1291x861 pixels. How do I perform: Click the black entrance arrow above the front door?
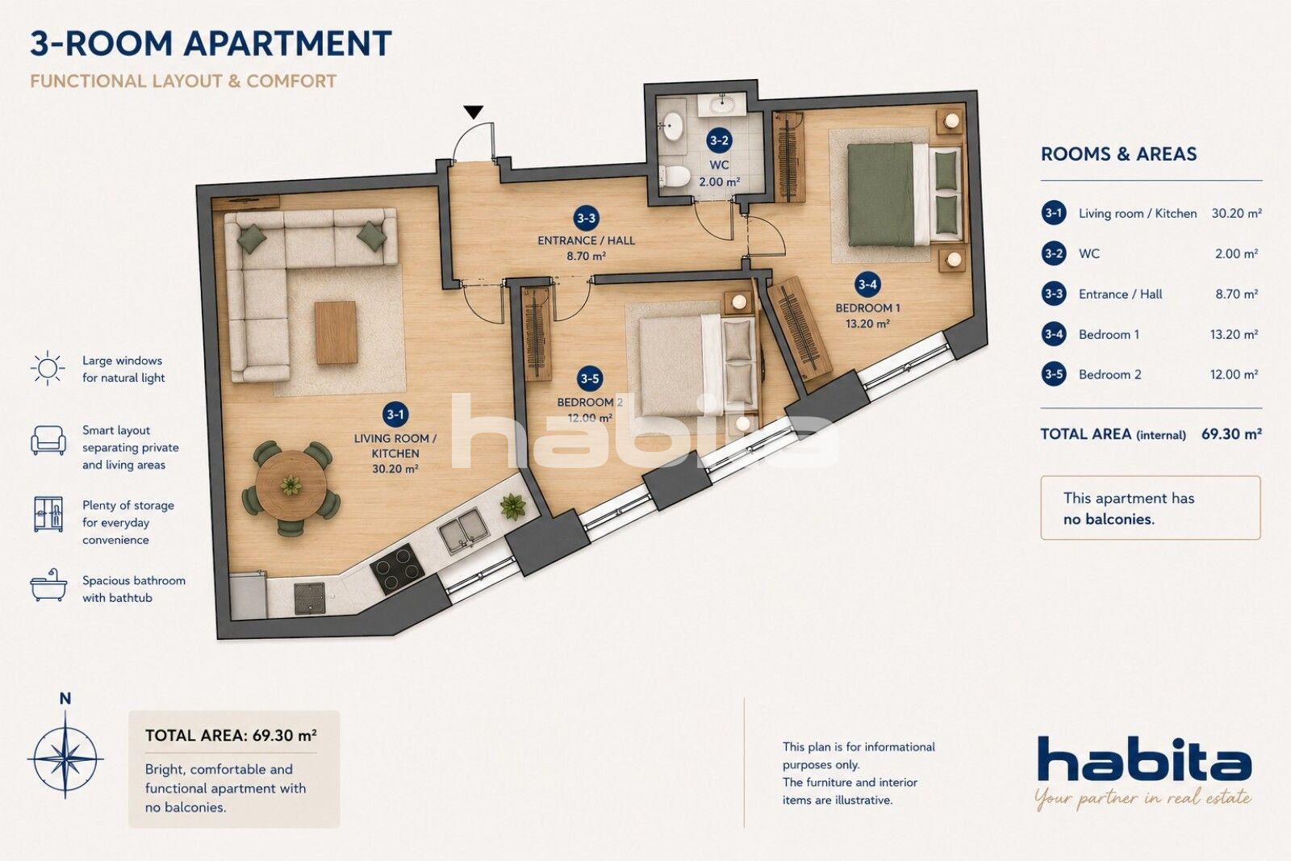click(x=474, y=112)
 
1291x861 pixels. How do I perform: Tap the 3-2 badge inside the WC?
click(x=719, y=140)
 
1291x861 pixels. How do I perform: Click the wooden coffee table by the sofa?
click(x=336, y=332)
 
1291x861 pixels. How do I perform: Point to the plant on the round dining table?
click(x=291, y=485)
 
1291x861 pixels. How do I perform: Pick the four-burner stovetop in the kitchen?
click(x=397, y=569)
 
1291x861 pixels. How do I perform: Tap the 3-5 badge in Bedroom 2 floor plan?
click(x=590, y=378)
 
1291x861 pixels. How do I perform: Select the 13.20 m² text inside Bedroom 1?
click(x=867, y=324)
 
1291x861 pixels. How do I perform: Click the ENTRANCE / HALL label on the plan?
click(x=586, y=240)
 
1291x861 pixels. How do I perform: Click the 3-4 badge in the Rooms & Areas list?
click(x=1054, y=334)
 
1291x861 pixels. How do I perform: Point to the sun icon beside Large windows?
click(x=48, y=368)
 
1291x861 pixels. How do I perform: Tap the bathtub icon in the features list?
click(x=48, y=586)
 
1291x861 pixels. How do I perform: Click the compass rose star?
click(x=65, y=755)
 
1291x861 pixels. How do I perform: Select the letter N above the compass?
click(x=65, y=699)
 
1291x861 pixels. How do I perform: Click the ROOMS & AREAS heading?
click(x=1118, y=154)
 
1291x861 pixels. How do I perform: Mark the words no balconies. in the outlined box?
click(x=1109, y=519)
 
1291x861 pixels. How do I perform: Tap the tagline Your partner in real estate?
click(x=1143, y=799)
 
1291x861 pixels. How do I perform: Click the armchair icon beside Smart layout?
click(x=48, y=441)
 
